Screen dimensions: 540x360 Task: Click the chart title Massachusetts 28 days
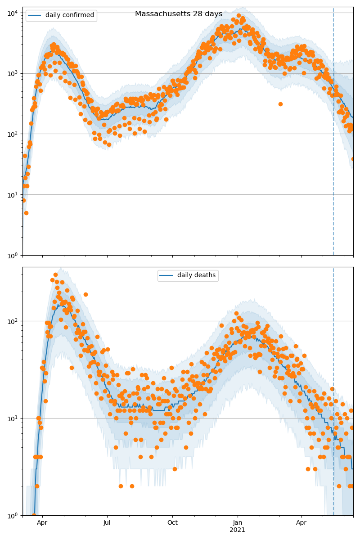pos(179,14)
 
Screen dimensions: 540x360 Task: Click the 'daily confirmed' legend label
pos(70,15)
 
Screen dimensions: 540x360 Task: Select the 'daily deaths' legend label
pos(196,275)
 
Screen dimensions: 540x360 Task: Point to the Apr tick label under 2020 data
pos(42,522)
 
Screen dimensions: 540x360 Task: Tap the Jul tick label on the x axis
pos(107,522)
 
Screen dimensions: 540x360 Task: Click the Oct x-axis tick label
pos(172,522)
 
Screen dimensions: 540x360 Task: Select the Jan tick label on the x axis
pos(238,522)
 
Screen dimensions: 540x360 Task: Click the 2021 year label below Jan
pos(238,530)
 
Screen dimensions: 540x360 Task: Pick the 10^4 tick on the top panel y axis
pos(12,13)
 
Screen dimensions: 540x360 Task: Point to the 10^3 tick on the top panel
pos(12,73)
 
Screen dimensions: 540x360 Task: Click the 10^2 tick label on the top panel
pos(12,134)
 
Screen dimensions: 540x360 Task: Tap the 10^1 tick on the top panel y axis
pos(12,195)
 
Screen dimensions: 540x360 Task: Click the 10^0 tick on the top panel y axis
pos(12,256)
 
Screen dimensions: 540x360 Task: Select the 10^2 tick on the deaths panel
pos(12,321)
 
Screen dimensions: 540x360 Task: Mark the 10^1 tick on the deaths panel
pos(12,418)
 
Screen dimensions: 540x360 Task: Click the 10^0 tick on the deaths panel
pos(12,515)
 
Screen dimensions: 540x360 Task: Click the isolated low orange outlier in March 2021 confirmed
pos(280,104)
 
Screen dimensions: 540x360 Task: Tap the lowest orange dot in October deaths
pos(175,469)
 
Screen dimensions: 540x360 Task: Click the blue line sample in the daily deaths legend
pos(166,276)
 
